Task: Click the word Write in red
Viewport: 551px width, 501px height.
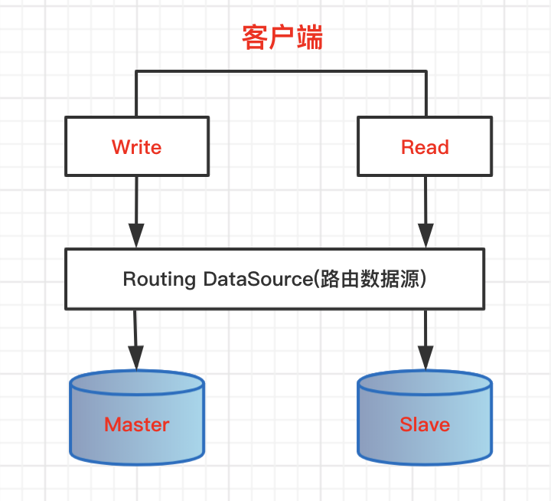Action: point(136,147)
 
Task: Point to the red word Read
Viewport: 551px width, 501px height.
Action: point(425,147)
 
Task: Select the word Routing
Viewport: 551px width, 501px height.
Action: point(159,279)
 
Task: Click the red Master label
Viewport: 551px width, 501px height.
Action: point(136,424)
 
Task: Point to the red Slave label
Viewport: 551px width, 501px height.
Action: point(425,424)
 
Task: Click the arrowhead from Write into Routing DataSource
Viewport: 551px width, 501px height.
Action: point(136,236)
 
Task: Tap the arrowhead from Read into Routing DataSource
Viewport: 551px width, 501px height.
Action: point(425,236)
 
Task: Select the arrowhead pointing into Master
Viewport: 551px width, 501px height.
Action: point(136,357)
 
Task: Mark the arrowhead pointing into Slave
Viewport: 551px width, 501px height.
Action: point(425,357)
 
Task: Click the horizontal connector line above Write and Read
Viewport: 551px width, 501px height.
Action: point(280,72)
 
